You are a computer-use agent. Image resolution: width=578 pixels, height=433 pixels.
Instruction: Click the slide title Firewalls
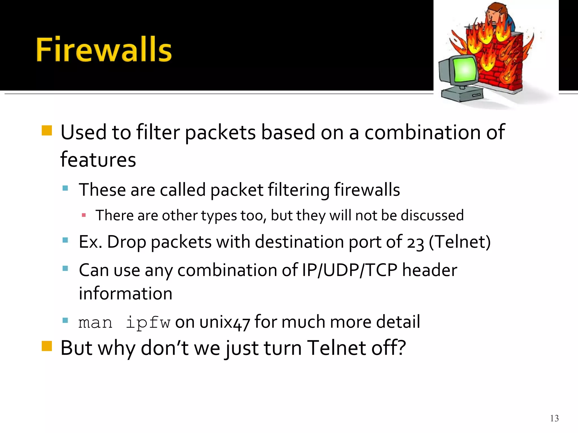pyautogui.click(x=104, y=49)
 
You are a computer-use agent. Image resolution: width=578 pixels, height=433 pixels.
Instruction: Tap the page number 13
pyautogui.click(x=554, y=418)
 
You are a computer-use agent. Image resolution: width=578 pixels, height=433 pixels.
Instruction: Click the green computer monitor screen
pyautogui.click(x=465, y=69)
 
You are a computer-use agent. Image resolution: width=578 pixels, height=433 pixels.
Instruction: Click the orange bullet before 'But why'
pyautogui.click(x=47, y=346)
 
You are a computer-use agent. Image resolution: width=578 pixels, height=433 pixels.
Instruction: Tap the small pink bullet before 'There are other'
pyautogui.click(x=84, y=215)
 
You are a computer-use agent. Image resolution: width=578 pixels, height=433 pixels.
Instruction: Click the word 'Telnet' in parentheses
pyautogui.click(x=460, y=242)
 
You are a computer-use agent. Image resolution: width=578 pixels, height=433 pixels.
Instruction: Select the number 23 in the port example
pyautogui.click(x=415, y=243)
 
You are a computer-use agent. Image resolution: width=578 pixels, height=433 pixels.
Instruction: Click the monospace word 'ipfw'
pyautogui.click(x=148, y=322)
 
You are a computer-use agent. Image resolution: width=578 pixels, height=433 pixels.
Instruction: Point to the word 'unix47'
pyautogui.click(x=225, y=322)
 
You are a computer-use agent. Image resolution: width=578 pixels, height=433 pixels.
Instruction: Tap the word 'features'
pyautogui.click(x=98, y=160)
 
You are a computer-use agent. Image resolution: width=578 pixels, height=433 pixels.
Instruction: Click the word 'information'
pyautogui.click(x=126, y=293)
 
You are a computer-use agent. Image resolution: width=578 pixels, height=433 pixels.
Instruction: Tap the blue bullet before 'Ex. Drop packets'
pyautogui.click(x=65, y=240)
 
